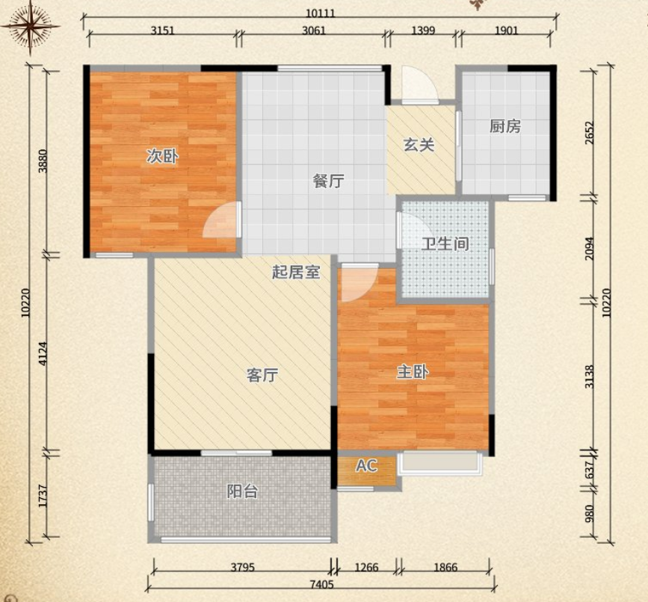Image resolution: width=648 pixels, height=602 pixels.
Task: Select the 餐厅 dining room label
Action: click(x=328, y=181)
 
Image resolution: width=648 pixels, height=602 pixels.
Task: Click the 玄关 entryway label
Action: click(x=419, y=145)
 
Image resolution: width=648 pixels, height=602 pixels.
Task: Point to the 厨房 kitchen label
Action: click(x=505, y=126)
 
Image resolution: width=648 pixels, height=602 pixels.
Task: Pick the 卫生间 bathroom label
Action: click(x=445, y=243)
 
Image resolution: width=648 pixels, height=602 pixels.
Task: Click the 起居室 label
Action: click(x=295, y=273)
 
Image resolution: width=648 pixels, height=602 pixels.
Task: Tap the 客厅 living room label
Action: click(x=262, y=375)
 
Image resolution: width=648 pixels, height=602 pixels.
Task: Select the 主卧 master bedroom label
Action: click(x=412, y=372)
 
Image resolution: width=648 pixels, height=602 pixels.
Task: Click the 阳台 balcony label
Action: click(x=242, y=491)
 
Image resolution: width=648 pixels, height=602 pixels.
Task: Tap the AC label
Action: click(x=366, y=466)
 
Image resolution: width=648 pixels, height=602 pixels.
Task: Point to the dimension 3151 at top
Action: click(x=162, y=30)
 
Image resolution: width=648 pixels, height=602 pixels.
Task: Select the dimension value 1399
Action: click(x=423, y=30)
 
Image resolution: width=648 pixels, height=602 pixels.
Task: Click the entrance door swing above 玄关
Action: click(x=416, y=85)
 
